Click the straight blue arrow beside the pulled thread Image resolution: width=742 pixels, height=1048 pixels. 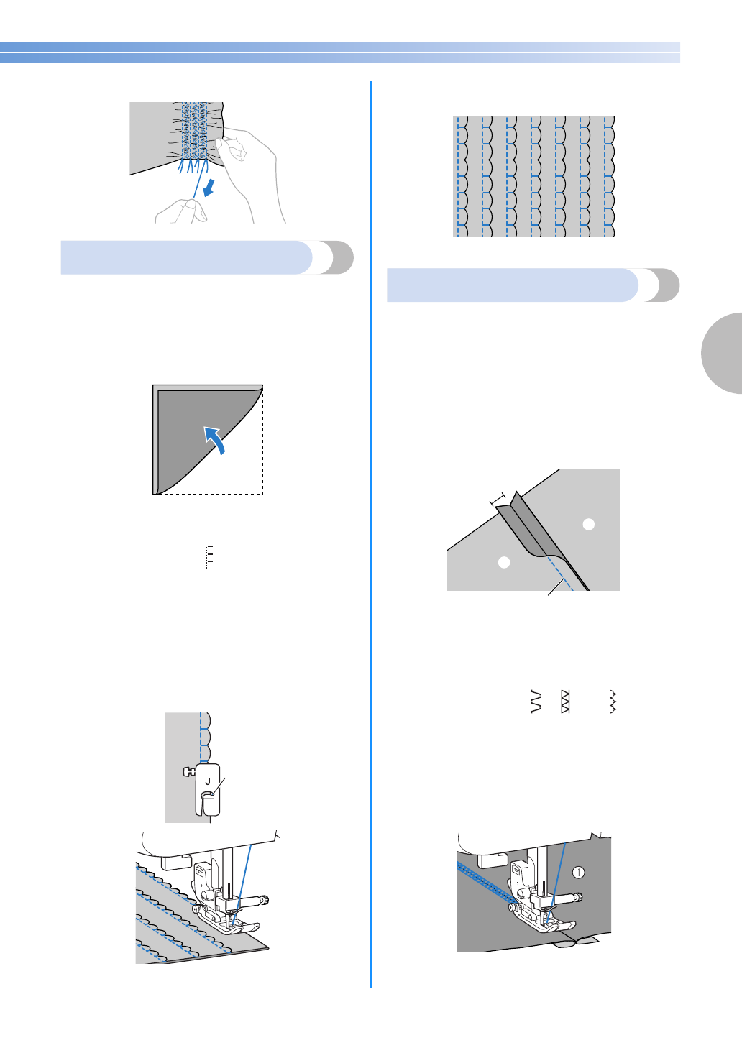coord(209,188)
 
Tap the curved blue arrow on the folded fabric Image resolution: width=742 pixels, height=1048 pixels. coord(215,438)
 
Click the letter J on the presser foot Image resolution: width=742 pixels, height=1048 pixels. coord(208,781)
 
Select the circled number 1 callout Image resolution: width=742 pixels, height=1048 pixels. coord(579,872)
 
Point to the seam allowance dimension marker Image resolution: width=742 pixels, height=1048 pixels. coord(498,499)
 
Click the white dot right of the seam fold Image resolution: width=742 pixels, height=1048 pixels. coord(589,524)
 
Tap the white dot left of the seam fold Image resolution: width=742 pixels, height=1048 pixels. coord(504,561)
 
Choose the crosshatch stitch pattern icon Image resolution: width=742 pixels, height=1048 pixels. coord(565,702)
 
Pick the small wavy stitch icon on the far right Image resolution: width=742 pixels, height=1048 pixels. coord(613,702)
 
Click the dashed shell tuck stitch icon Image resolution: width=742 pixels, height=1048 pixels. coord(210,558)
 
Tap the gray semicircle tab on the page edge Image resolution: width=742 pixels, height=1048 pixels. coord(723,353)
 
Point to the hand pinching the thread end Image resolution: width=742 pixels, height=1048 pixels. coord(180,211)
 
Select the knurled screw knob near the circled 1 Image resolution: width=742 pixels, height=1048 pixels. coord(577,897)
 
